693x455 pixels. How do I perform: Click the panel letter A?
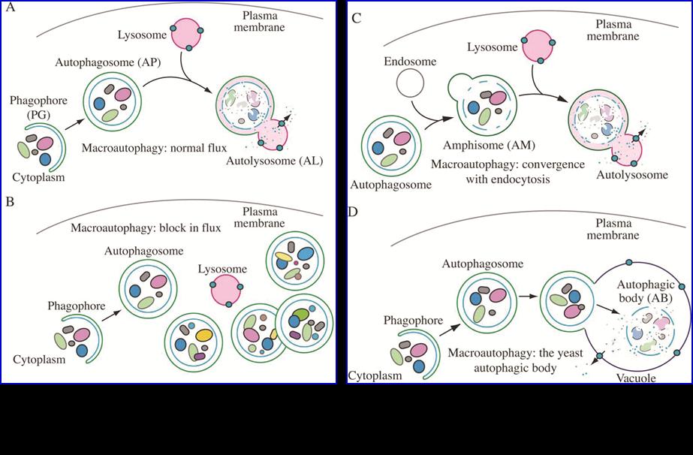tap(10, 10)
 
